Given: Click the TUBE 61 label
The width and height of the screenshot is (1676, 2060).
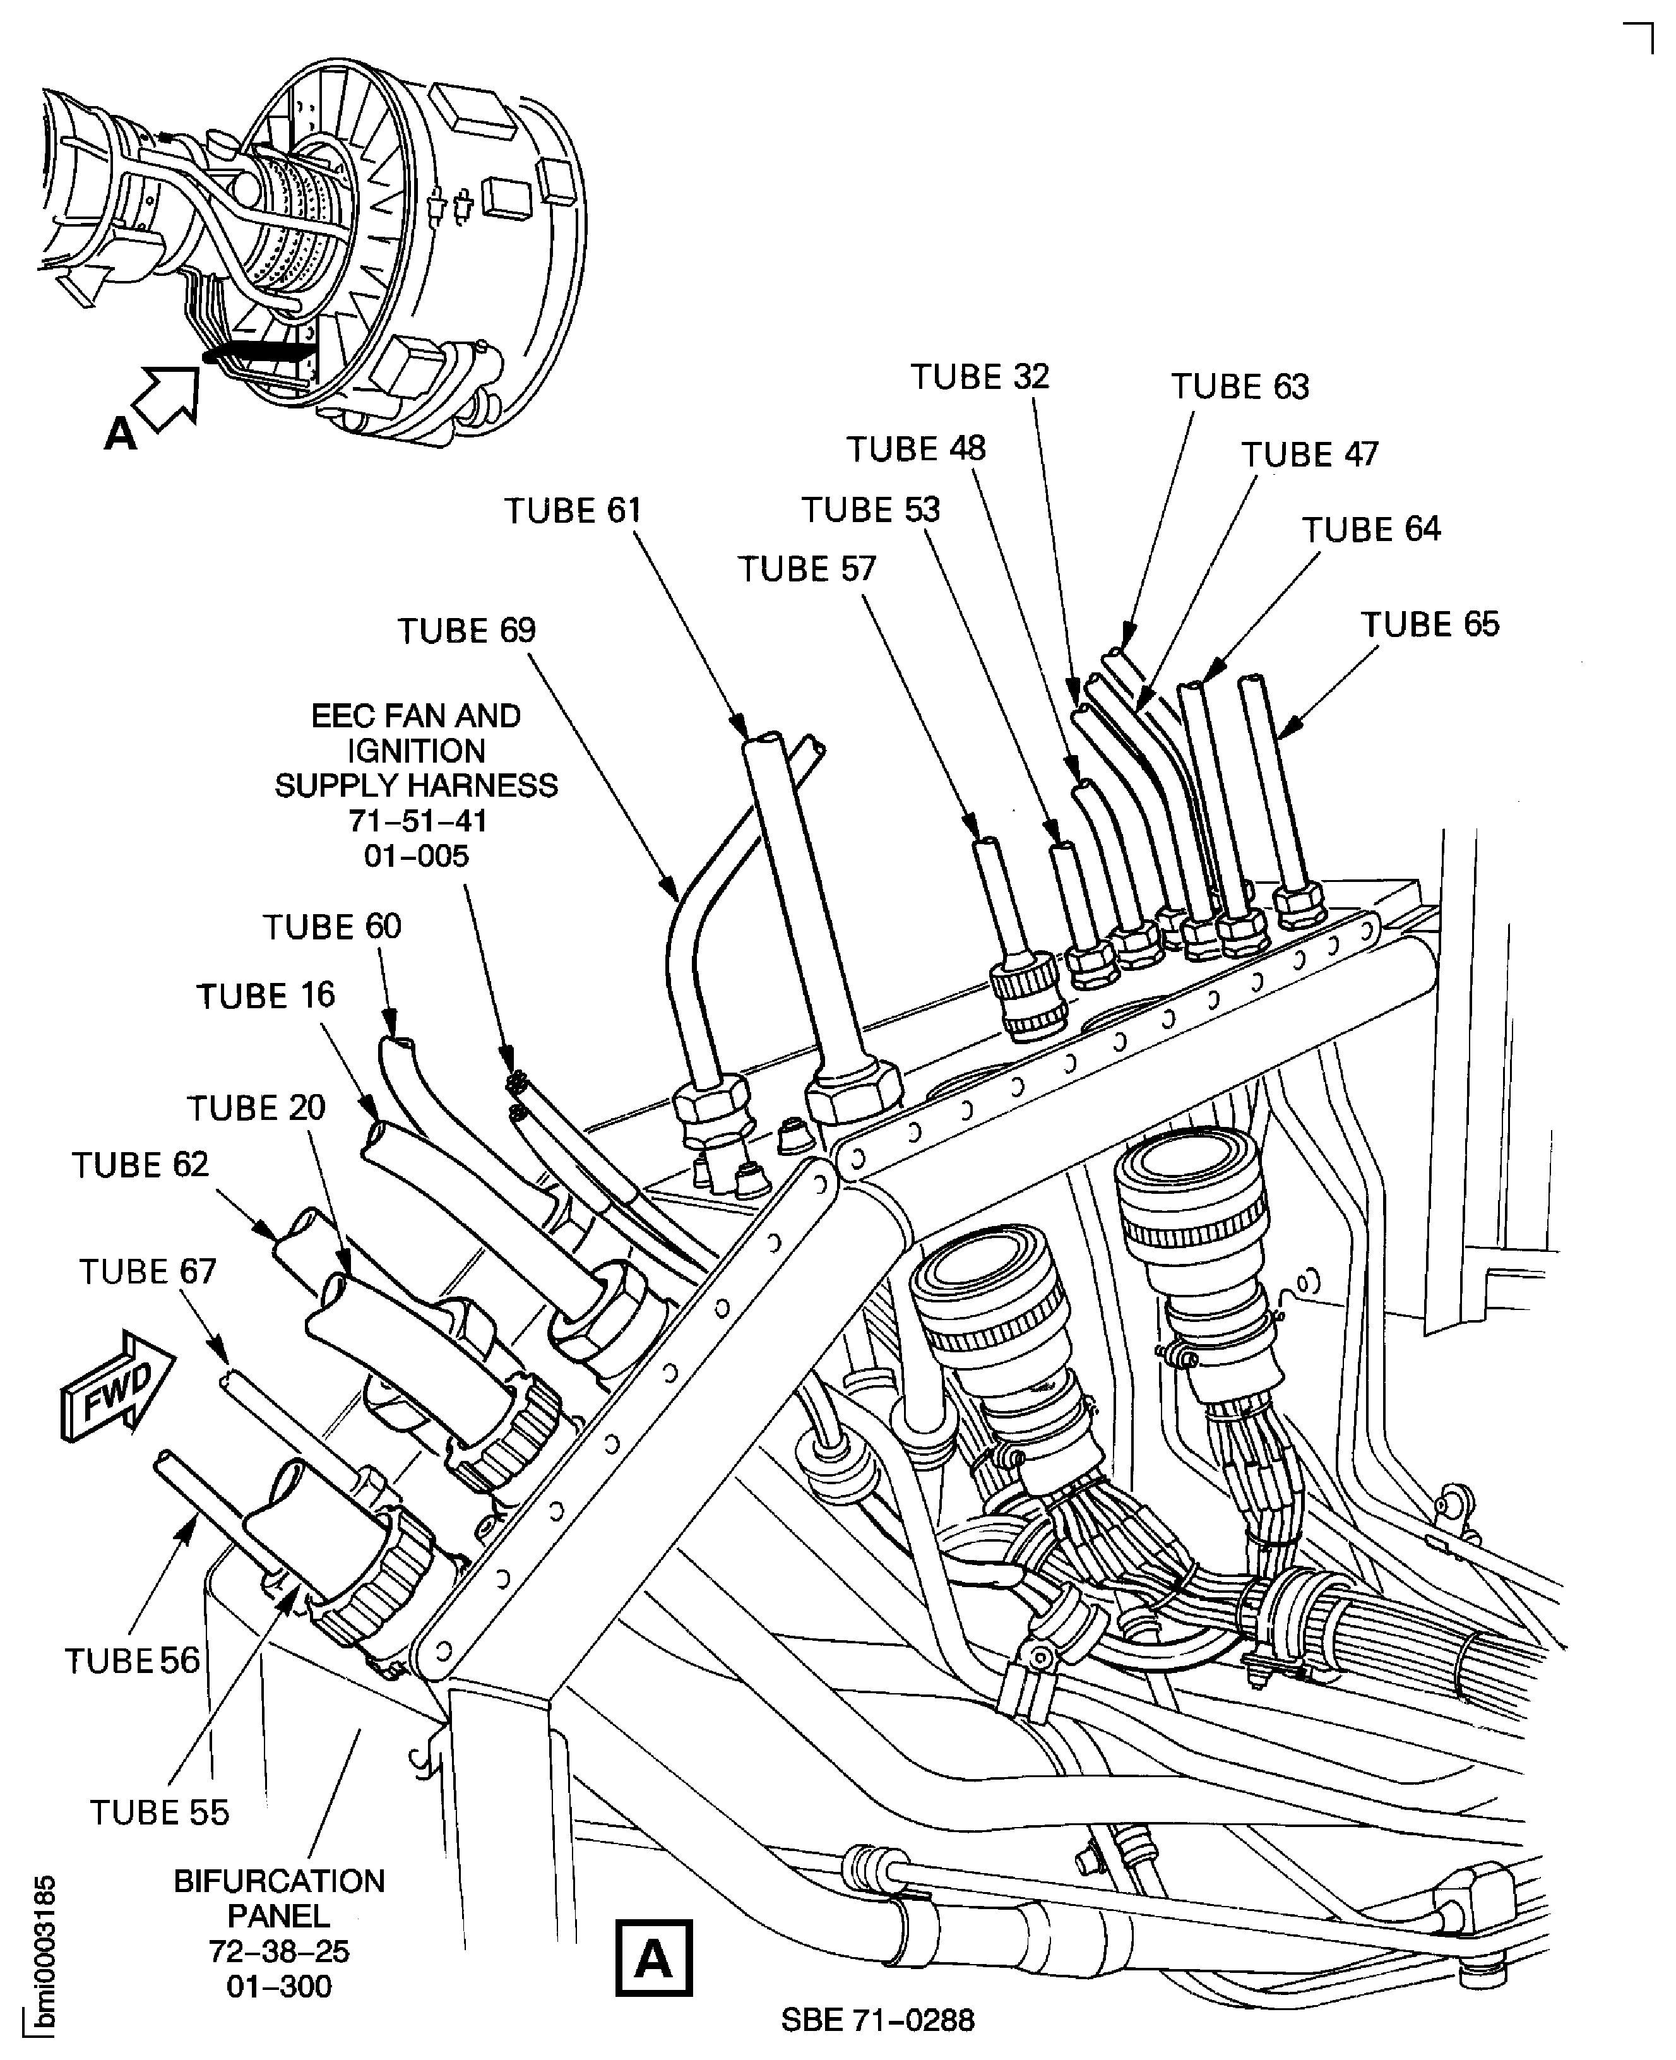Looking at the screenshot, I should [x=573, y=511].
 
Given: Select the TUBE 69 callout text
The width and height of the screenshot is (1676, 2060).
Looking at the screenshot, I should [x=467, y=631].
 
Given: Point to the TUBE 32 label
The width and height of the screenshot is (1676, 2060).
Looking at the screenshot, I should [x=980, y=376].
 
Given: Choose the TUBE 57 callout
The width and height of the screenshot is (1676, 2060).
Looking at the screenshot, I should [x=807, y=569].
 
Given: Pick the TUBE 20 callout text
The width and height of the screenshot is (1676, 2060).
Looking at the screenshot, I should [x=256, y=1108].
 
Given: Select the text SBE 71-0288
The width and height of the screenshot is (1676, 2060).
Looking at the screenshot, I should [x=877, y=2020].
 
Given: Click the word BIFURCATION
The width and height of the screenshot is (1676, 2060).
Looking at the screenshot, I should [x=279, y=1881].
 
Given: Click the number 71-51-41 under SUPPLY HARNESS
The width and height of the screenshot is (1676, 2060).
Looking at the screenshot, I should [x=417, y=821].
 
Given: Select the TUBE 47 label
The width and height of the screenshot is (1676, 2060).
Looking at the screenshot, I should [x=1309, y=455].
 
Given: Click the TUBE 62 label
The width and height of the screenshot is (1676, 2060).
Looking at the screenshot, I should [x=140, y=1165].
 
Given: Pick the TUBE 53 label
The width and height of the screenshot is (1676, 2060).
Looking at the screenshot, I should [x=870, y=509].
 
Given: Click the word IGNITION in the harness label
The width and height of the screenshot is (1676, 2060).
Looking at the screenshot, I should [x=417, y=751].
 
